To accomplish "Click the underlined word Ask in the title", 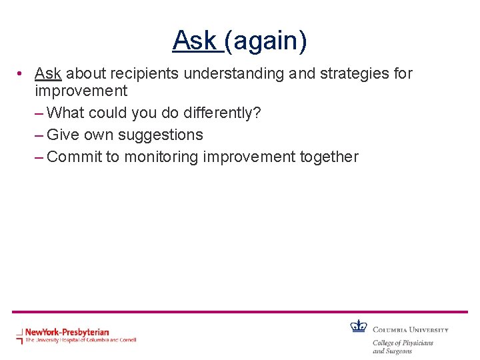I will tap(195, 41).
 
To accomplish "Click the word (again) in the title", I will tap(266, 41).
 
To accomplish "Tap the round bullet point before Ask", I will tap(22, 73).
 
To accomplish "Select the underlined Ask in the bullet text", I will tap(48, 73).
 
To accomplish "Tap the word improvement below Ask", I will tap(81, 91).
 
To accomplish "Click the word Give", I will tap(63, 135).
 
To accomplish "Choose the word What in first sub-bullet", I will tap(66, 113).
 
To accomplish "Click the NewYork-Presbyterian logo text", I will tap(67, 331).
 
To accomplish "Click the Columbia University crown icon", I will tap(359, 326).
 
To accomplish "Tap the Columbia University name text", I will tap(410, 329).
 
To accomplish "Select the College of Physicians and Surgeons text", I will tap(403, 347).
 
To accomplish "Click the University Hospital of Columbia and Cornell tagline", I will tap(80, 340).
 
